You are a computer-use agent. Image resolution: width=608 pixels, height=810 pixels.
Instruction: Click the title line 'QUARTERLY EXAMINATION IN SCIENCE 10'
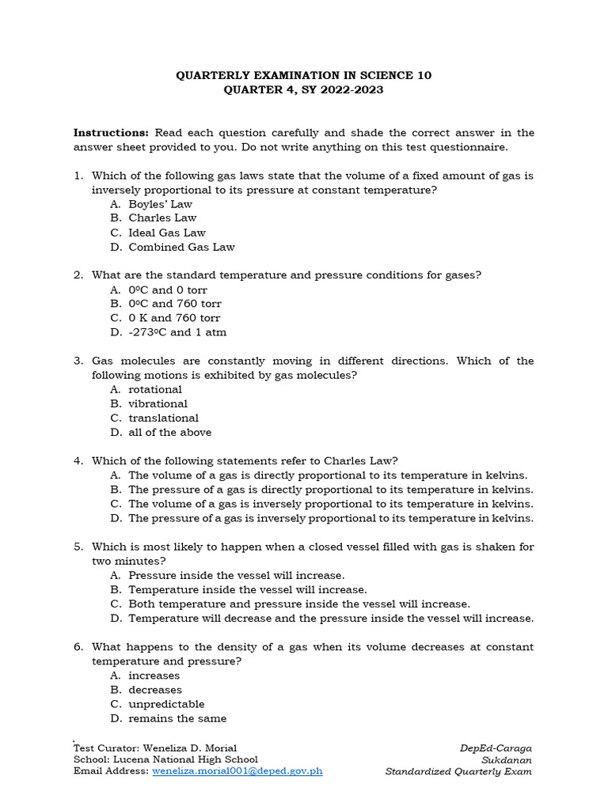(x=304, y=75)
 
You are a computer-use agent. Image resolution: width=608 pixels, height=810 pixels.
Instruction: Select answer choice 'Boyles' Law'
(x=160, y=204)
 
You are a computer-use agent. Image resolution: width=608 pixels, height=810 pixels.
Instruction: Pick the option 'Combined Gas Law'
(x=181, y=247)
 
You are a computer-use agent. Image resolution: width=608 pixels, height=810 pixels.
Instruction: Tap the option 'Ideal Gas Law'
(x=167, y=233)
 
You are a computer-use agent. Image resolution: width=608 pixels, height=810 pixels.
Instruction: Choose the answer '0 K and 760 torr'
(x=174, y=318)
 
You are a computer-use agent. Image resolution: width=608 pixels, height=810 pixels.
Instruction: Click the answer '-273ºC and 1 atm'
(x=177, y=332)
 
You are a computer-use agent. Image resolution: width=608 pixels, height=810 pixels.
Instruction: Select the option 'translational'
(x=163, y=418)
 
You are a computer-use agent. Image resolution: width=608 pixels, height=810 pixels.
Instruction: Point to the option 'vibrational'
(x=158, y=403)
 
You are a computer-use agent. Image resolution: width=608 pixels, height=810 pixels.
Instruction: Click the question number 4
(x=78, y=460)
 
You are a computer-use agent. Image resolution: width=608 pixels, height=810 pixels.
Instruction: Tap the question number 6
(x=78, y=647)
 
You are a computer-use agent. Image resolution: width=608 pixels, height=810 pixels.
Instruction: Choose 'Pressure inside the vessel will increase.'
(x=236, y=575)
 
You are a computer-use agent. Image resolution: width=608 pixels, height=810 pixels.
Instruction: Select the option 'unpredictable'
(x=166, y=704)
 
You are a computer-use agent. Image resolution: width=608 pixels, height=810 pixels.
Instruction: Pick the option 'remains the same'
(x=177, y=718)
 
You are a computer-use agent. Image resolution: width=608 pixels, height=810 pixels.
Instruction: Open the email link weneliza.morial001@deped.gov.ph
(x=237, y=771)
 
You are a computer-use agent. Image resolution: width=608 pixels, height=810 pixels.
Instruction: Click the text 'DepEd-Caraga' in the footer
(x=496, y=748)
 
